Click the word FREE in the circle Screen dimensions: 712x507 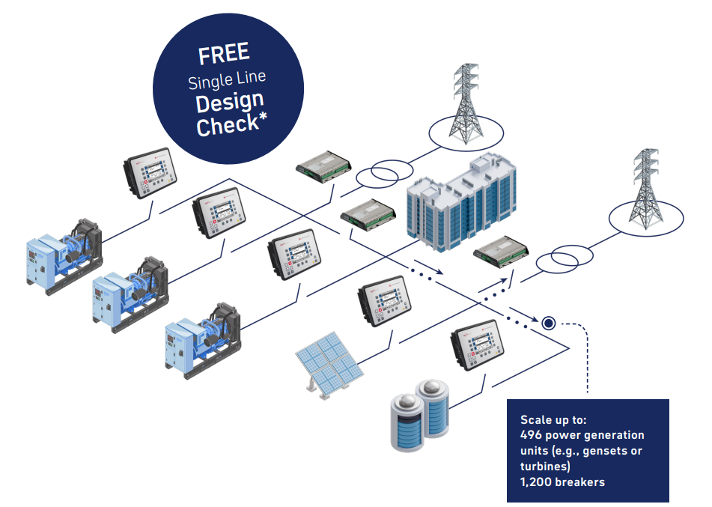coord(224,54)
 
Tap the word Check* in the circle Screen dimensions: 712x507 coord(231,124)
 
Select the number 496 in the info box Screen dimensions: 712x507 coord(531,435)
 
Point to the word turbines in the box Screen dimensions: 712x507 coord(543,466)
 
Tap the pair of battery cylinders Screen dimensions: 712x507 coord(419,415)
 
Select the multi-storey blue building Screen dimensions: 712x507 coord(461,202)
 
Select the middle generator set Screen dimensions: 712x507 coord(130,295)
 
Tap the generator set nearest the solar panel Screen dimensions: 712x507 coord(203,341)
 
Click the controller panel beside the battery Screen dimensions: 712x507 coord(477,346)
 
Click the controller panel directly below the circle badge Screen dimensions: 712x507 coord(150,173)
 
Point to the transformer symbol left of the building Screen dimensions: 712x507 coord(385,174)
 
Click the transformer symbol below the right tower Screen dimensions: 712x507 coord(565,259)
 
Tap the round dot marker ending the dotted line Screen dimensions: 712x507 coord(549,323)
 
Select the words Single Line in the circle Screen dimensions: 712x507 coord(227,80)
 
